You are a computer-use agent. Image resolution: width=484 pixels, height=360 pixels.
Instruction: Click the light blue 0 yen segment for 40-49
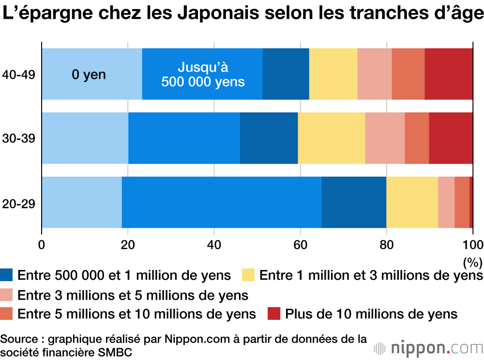pyautogui.click(x=91, y=74)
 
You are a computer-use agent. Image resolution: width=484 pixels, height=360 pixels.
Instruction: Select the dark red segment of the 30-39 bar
pyautogui.click(x=451, y=138)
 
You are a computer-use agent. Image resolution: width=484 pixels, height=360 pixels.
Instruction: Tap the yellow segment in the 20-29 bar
pyautogui.click(x=412, y=202)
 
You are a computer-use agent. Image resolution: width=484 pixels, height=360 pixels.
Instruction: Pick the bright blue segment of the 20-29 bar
pyautogui.click(x=221, y=202)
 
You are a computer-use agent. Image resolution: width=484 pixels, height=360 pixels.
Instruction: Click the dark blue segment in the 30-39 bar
pyautogui.click(x=269, y=138)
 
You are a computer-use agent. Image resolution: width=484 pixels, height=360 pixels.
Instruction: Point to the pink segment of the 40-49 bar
pyautogui.click(x=374, y=74)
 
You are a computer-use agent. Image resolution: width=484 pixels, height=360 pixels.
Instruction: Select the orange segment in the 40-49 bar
pyautogui.click(x=408, y=74)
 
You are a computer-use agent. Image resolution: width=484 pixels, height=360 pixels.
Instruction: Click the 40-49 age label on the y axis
pyautogui.click(x=18, y=75)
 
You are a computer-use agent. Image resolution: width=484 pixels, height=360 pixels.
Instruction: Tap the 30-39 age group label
pyautogui.click(x=18, y=139)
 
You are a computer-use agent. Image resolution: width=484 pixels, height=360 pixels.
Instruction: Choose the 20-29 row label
pyautogui.click(x=18, y=203)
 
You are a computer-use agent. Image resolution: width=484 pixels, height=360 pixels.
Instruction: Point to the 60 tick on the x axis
pyautogui.click(x=300, y=244)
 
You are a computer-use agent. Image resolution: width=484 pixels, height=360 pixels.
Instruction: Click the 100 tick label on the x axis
pyautogui.click(x=472, y=244)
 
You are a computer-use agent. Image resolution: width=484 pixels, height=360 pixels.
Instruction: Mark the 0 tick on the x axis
pyautogui.click(x=42, y=244)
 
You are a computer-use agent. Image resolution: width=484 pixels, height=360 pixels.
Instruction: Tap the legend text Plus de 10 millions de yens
pyautogui.click(x=371, y=314)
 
